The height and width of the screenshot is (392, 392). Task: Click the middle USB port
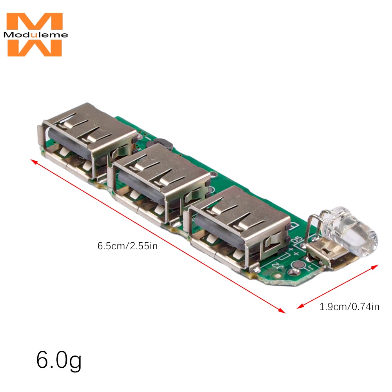pos(160,185)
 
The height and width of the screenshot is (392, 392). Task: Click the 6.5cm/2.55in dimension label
pos(127,246)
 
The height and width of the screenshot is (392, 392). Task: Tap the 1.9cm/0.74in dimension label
pos(349,307)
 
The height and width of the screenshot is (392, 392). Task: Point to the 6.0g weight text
pos(59,361)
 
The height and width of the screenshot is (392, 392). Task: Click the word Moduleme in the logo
pos(36,34)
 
